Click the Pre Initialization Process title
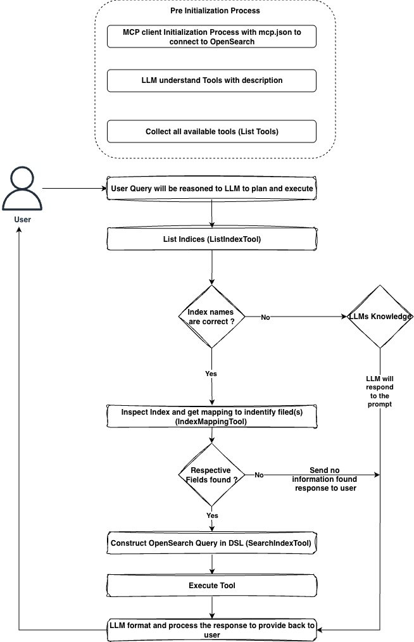click(x=211, y=11)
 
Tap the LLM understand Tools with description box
click(x=211, y=80)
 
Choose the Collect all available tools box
click(x=211, y=132)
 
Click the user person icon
click(x=21, y=188)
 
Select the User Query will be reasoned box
click(x=211, y=188)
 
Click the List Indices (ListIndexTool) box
click(x=211, y=240)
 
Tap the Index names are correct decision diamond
click(x=211, y=317)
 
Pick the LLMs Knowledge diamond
click(x=380, y=317)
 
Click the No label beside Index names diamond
click(x=265, y=317)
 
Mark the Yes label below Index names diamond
click(x=211, y=374)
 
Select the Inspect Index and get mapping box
click(x=211, y=416)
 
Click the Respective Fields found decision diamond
click(x=211, y=475)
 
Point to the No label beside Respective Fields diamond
click(x=259, y=475)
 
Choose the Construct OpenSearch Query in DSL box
click(x=211, y=543)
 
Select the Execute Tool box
click(x=211, y=585)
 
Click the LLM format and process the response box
click(x=211, y=630)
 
